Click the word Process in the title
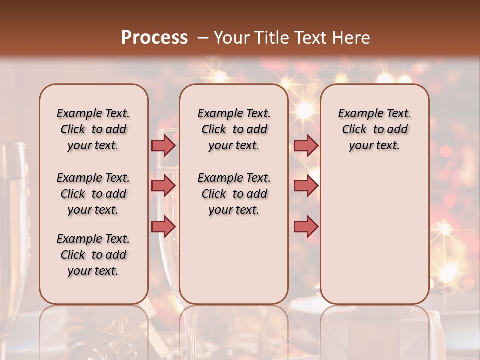[x=154, y=38]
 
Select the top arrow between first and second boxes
[x=163, y=145]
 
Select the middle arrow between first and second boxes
[x=163, y=186]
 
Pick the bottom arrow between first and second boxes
[x=163, y=226]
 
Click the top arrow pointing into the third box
[x=306, y=145]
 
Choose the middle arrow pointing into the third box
[x=306, y=186]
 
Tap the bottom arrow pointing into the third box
[x=306, y=226]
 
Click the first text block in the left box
[x=93, y=129]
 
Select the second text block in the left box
[x=93, y=194]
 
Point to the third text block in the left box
[x=93, y=255]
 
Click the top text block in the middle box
[x=234, y=129]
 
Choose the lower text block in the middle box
[x=234, y=194]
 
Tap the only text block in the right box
[x=374, y=129]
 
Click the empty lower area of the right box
[x=374, y=235]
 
